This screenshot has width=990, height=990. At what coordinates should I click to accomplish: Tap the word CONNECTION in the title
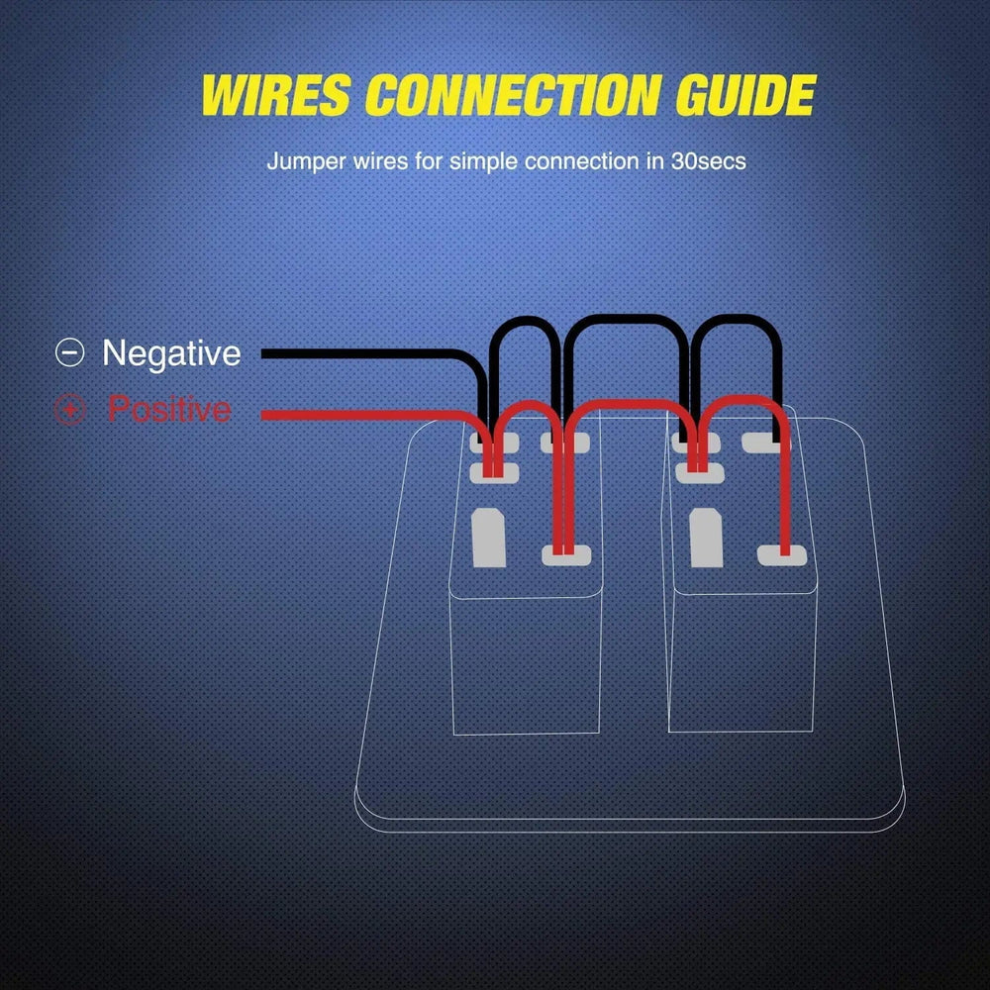[x=512, y=95]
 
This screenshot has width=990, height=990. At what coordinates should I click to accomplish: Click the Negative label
[x=171, y=352]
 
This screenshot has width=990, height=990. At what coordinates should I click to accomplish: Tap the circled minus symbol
[x=69, y=353]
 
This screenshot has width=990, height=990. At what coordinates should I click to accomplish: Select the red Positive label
[x=168, y=409]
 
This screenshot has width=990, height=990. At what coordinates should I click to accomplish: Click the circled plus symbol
[x=69, y=410]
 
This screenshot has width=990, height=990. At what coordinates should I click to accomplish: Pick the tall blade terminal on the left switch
[x=490, y=538]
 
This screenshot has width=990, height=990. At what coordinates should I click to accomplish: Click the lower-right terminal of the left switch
[x=566, y=554]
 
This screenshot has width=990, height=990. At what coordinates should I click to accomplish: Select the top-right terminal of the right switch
[x=762, y=443]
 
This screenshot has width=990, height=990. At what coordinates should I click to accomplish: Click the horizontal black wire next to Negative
[x=356, y=353]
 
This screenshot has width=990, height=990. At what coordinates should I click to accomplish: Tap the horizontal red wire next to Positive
[x=356, y=414]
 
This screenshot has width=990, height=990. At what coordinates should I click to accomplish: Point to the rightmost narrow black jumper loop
[x=738, y=321]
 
